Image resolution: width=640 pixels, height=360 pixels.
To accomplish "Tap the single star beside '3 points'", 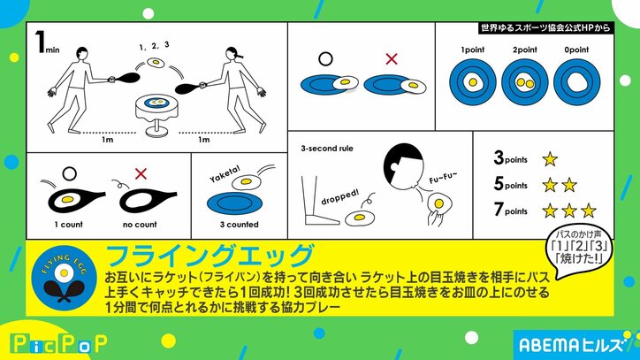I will [549, 159].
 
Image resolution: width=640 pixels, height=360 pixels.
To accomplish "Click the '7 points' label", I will [511, 211].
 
